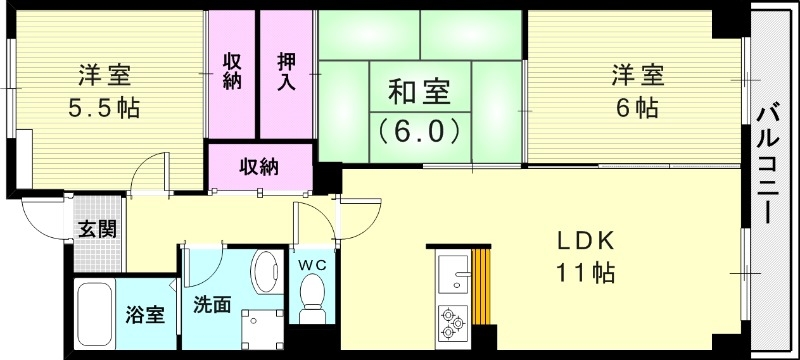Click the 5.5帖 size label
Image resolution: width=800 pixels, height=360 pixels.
[105, 107]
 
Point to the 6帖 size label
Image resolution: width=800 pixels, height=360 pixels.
[638, 107]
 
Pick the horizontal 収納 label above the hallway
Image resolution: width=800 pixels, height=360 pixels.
[258, 166]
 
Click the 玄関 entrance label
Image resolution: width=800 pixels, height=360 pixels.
[98, 229]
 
